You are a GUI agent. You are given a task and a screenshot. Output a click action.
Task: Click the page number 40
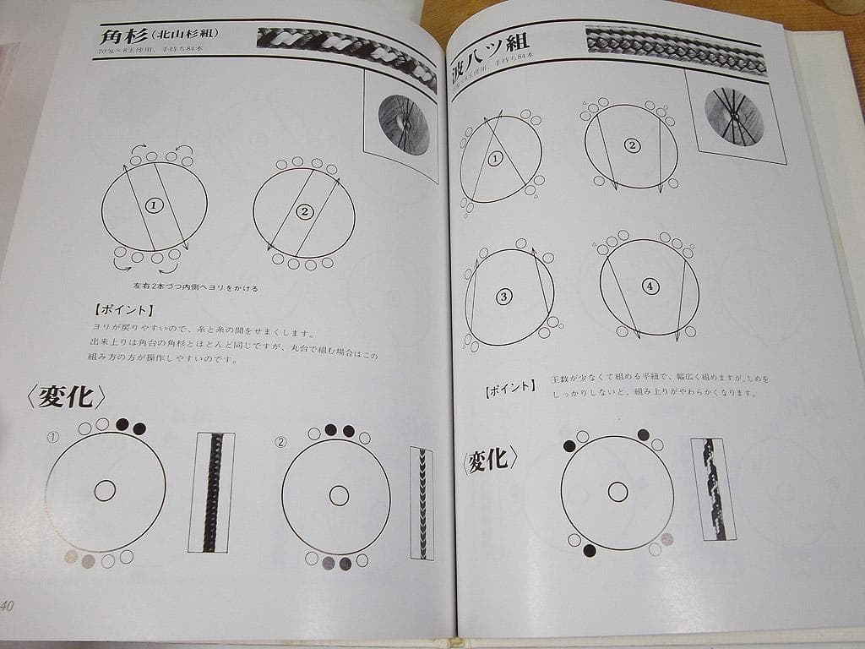[8, 605]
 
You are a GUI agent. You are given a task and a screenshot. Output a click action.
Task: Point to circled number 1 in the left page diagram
[153, 205]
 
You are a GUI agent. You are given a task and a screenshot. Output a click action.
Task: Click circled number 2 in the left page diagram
[304, 211]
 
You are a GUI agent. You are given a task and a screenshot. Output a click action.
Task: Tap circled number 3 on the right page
[504, 297]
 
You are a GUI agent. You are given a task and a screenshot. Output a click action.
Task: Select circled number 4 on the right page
[649, 286]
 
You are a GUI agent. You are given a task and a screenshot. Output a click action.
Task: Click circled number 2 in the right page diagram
[631, 145]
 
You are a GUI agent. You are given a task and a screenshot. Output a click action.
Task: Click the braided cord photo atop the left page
[346, 55]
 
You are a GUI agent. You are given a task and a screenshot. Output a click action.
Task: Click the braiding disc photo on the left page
[402, 125]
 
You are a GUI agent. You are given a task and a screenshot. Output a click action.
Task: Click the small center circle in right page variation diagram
[617, 491]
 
